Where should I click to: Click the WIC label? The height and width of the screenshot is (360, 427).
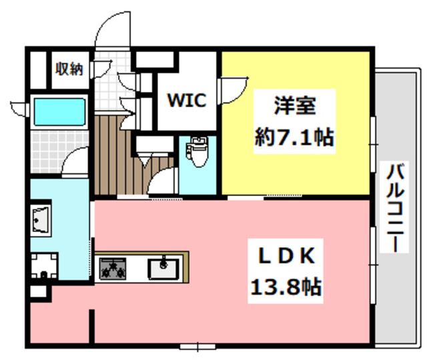[187, 100]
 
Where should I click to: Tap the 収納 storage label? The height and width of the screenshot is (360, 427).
[69, 69]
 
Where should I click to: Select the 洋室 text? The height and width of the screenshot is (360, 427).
[295, 105]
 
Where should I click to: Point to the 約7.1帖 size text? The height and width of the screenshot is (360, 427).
[294, 137]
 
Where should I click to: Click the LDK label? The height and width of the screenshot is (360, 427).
[286, 255]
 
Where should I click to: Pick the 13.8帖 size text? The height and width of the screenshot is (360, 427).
[286, 287]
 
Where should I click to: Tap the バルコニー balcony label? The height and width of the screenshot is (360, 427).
[394, 207]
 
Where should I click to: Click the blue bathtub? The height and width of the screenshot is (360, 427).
[59, 112]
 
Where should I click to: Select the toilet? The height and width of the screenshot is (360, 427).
[197, 151]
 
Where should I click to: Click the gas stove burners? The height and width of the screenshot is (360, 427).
[113, 269]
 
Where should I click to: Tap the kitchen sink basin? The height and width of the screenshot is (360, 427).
[163, 269]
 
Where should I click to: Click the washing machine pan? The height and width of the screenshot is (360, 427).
[44, 266]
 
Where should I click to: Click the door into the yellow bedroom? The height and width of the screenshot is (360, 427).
[234, 91]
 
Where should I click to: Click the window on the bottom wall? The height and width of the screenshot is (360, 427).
[197, 347]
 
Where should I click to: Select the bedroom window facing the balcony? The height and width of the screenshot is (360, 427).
[373, 144]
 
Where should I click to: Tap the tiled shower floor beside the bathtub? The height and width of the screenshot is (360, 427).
[59, 151]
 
